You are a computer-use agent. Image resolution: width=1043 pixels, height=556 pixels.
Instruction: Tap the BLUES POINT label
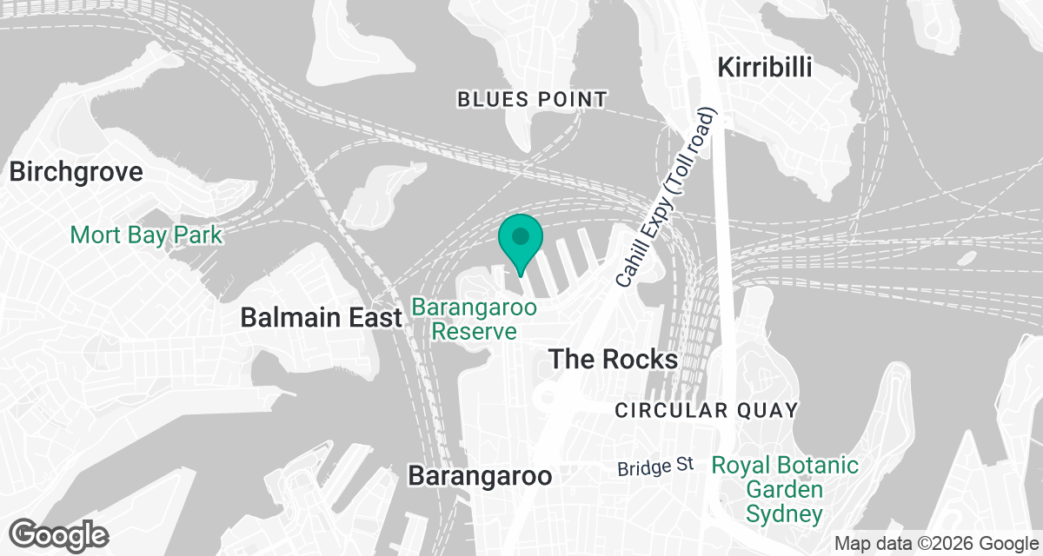point(532,100)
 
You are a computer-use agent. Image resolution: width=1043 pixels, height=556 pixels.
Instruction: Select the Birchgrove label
point(76,171)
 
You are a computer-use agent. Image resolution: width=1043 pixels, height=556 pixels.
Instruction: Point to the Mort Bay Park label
point(146,235)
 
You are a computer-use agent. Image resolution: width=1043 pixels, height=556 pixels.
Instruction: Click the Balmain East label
point(322,318)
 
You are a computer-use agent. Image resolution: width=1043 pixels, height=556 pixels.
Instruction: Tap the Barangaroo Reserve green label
point(475,319)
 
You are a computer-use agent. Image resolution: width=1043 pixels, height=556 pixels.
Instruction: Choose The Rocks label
point(614,359)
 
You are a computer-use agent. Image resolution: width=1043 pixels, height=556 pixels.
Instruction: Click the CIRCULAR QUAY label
point(706,410)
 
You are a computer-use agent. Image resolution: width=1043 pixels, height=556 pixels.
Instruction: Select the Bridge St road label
point(655,467)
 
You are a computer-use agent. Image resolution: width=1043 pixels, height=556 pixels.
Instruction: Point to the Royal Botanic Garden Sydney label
point(785,490)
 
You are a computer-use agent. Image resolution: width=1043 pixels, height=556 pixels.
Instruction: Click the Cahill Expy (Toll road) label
point(666,199)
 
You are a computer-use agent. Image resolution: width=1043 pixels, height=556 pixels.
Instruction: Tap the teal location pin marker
point(521,244)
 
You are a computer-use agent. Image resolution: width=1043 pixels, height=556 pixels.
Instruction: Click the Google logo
point(60,534)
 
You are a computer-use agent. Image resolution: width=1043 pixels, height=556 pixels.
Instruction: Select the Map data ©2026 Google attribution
point(935,544)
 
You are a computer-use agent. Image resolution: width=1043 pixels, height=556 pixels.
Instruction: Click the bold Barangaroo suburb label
point(480,476)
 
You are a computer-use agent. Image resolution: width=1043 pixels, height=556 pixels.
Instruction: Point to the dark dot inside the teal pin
point(521,235)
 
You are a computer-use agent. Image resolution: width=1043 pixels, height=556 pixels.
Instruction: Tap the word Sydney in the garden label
point(785,513)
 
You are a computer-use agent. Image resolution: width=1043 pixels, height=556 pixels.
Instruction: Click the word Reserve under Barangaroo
point(475,331)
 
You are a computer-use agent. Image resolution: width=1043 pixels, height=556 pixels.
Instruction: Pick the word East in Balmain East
point(376,318)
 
